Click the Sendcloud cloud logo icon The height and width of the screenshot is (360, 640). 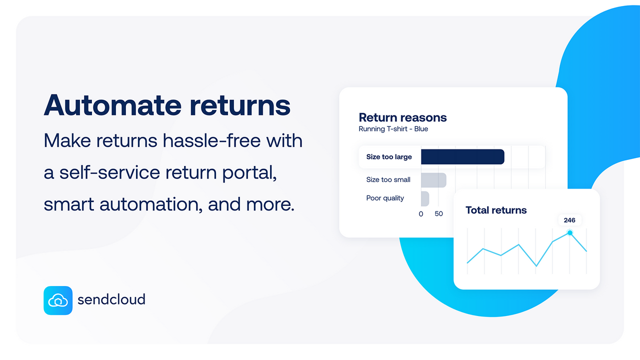(x=58, y=300)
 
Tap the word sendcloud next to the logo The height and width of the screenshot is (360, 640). (x=111, y=299)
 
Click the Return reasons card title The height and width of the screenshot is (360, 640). (x=402, y=117)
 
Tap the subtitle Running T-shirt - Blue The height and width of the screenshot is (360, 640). (x=393, y=129)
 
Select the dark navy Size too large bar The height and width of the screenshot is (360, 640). (x=462, y=157)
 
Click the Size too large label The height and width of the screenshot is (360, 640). (x=389, y=157)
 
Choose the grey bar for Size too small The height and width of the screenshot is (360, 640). (x=433, y=180)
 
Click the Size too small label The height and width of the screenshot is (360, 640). (x=388, y=179)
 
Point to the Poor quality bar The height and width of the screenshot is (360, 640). (x=425, y=198)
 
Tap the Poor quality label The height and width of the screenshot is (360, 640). (x=385, y=198)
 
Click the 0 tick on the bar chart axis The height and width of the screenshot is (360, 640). (x=421, y=214)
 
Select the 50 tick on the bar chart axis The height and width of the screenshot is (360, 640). (x=438, y=214)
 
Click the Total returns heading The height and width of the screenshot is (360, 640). (x=496, y=210)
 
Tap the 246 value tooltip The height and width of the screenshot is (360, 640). (x=569, y=220)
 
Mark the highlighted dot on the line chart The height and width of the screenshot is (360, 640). (x=569, y=232)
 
